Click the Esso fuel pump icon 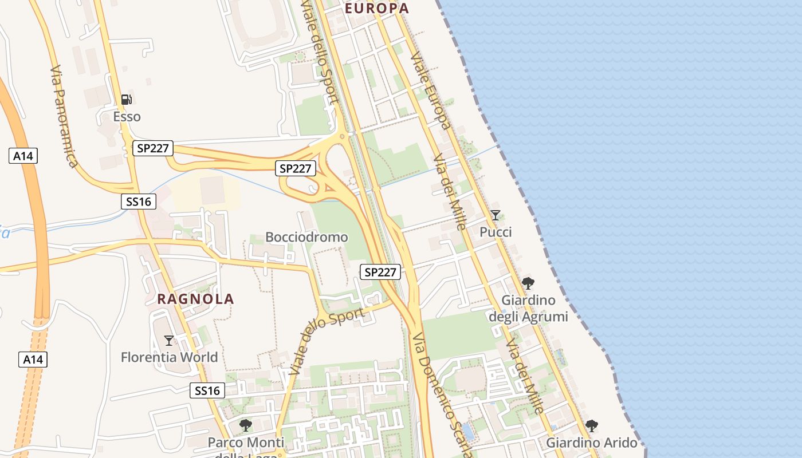coord(127,99)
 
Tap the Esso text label coord(127,117)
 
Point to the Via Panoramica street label coord(64,117)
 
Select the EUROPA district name coord(377,8)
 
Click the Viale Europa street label coord(429,91)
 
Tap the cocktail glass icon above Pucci coord(496,215)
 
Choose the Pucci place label coord(496,232)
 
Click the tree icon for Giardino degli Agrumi coord(528,283)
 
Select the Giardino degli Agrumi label coord(528,308)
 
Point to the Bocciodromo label coord(306,237)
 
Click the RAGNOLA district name coord(196,299)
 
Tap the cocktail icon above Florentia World coord(169,341)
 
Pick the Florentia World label coord(169,357)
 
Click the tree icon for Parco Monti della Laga coord(246,425)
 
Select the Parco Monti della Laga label coord(246,447)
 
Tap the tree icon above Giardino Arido coord(592,426)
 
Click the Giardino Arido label coord(592,443)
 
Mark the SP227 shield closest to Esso coord(153,148)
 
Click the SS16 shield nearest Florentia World coord(207,391)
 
